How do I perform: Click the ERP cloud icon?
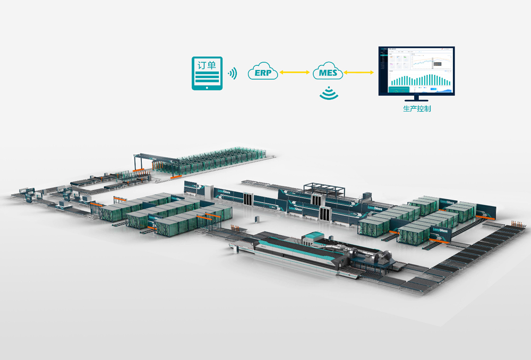[263, 72]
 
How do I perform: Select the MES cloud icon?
[328, 72]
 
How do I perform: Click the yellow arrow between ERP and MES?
[295, 72]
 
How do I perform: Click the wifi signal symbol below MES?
[328, 93]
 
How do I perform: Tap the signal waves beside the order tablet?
[233, 73]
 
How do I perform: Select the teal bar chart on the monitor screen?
[419, 80]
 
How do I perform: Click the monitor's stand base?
[416, 100]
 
